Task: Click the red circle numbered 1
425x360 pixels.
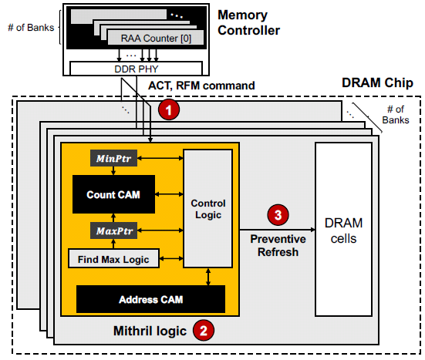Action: click(168, 110)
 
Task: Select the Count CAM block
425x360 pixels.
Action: click(113, 194)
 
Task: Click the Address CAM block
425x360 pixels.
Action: click(150, 298)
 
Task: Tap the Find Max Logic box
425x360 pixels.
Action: click(113, 259)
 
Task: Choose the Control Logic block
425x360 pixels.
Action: click(207, 208)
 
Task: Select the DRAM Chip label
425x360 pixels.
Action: click(376, 82)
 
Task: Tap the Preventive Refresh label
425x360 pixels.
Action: click(278, 244)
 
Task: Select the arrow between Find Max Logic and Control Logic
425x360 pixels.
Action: click(170, 259)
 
